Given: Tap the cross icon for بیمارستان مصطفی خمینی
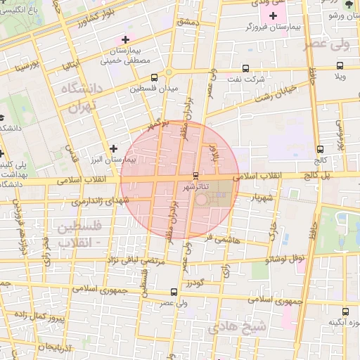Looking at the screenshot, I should pos(125,39).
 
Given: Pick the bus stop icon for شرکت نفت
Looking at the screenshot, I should pos(245,68).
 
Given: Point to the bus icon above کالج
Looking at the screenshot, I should pos(320,149).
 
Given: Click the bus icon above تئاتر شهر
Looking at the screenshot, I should pos(195,175).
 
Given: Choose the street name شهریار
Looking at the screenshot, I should pos(259,198).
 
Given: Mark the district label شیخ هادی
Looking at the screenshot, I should pos(247,327).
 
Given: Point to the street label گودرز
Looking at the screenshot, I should pos(195,283).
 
